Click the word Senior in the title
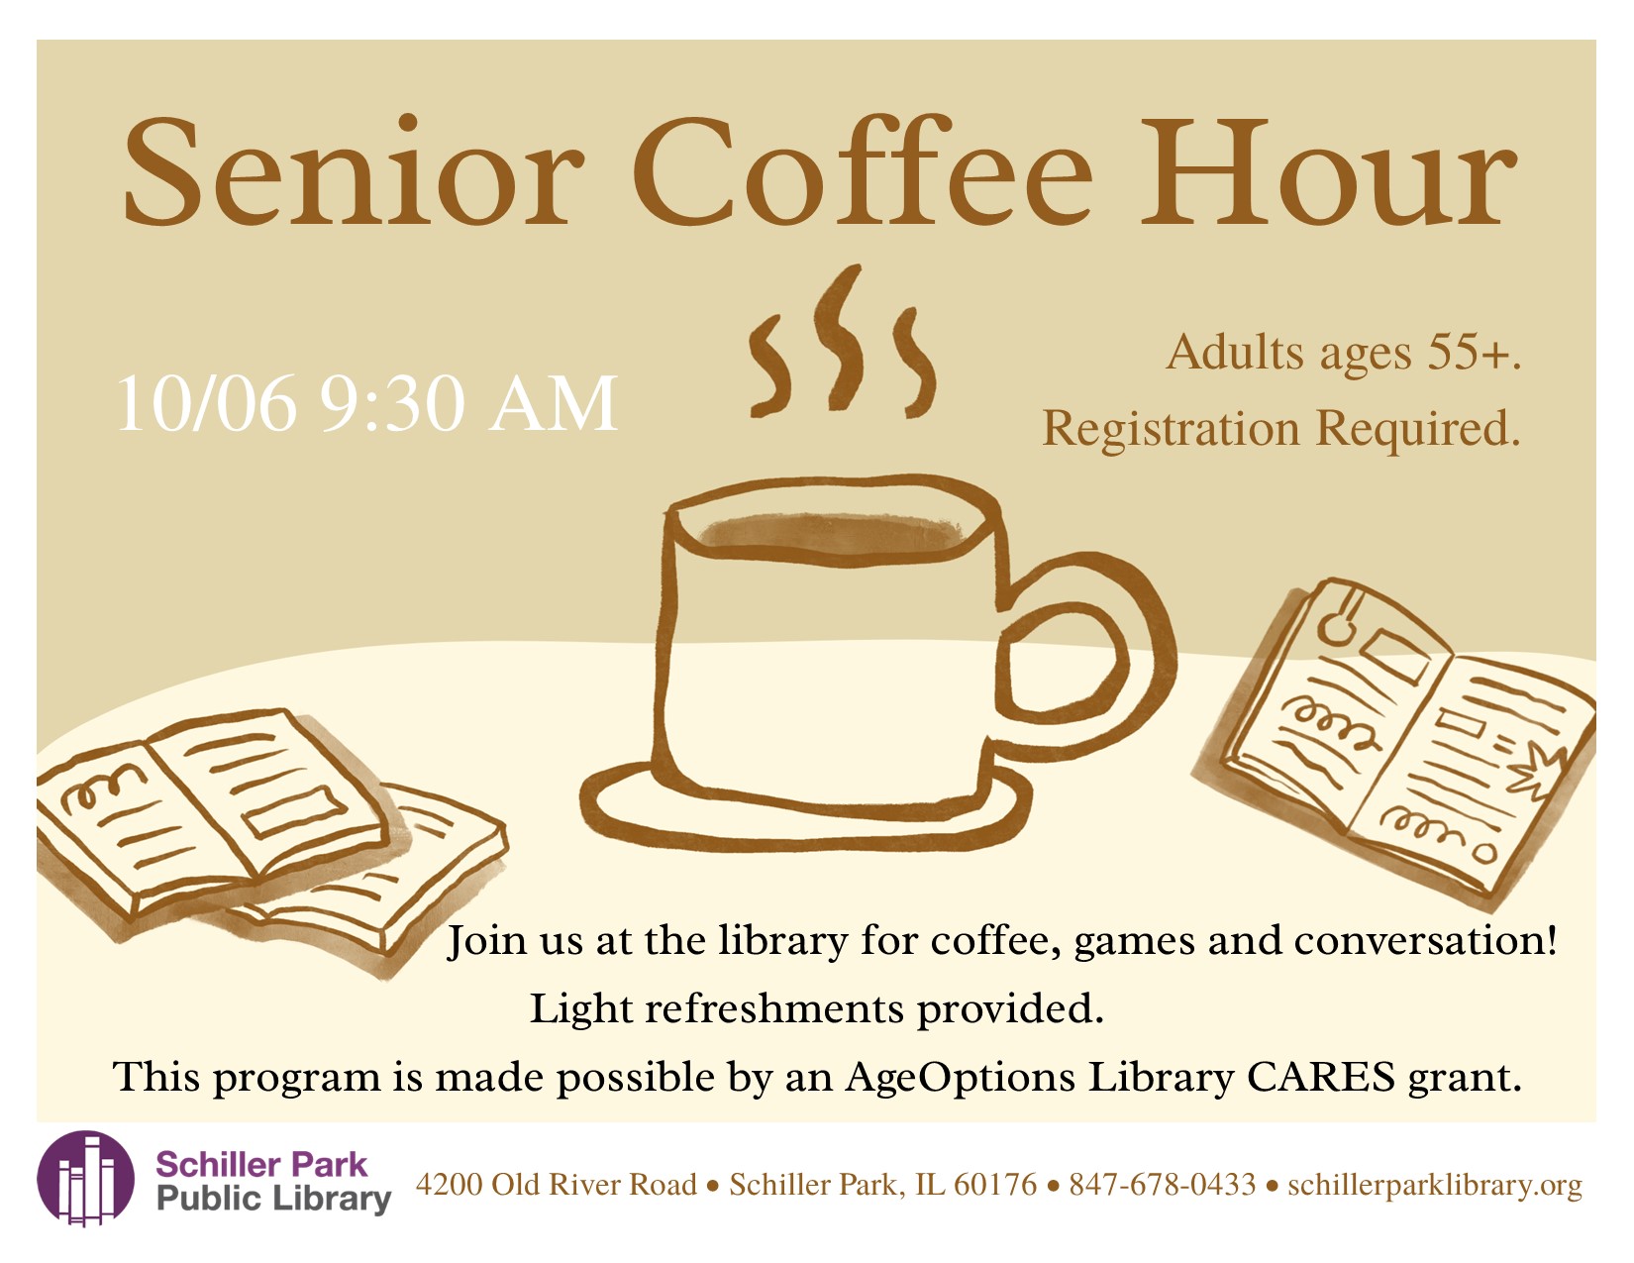354,170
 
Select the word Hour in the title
1329,171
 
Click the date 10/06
206,404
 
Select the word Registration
1171,430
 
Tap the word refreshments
774,1008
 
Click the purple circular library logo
86,1178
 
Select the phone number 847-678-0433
1163,1185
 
